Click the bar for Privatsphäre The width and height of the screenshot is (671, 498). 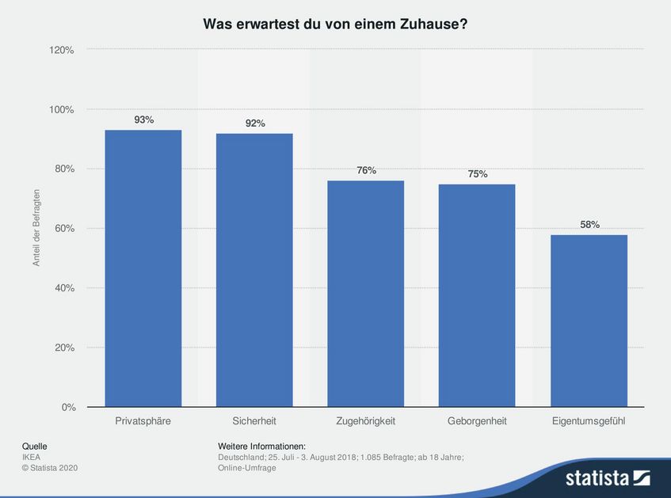point(143,268)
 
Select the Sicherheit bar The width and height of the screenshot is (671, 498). point(254,270)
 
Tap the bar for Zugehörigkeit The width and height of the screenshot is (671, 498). point(366,294)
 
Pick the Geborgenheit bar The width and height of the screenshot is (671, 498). point(477,295)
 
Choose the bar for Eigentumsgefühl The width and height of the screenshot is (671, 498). point(589,321)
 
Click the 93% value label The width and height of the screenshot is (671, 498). point(143,120)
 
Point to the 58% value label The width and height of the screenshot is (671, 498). point(589,224)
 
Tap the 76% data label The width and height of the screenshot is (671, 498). point(366,170)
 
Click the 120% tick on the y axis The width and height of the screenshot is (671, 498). point(61,50)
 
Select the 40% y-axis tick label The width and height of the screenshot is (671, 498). point(63,288)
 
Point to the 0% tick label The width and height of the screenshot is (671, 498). point(68,407)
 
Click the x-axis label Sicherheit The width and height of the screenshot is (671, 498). point(254,421)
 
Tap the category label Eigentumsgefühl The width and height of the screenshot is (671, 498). point(589,421)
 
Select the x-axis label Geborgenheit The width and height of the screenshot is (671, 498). point(477,421)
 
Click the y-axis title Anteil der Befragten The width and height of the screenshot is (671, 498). point(36,228)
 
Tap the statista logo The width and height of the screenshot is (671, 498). point(607,477)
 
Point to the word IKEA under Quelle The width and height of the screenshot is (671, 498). point(32,457)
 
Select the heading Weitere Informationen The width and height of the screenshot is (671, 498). point(261,447)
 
